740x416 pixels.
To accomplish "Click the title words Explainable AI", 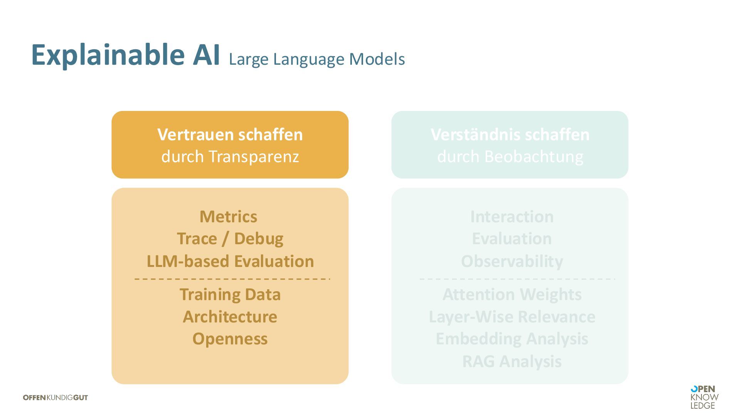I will click(125, 55).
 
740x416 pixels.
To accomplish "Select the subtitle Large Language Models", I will click(316, 59).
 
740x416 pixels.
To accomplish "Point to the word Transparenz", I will click(254, 156).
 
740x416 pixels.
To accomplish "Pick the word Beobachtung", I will click(534, 156).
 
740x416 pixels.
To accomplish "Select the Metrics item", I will click(228, 216).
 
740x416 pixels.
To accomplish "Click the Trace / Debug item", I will click(230, 239).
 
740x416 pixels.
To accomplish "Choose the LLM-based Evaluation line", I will click(230, 261).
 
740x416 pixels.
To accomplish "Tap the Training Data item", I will click(230, 295).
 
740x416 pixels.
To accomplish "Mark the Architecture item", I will click(230, 317).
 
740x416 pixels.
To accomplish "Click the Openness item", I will click(230, 339).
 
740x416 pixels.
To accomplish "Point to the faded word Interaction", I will click(512, 216).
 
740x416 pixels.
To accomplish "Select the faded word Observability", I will click(512, 261).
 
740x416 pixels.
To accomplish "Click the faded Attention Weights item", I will click(512, 295).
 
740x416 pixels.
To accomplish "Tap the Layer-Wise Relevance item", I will click(512, 317).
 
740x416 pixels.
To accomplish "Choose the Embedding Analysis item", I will click(512, 339).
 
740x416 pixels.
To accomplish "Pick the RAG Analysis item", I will click(512, 361).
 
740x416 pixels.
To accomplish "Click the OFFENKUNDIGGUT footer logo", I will click(55, 398).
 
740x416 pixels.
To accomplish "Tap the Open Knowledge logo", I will click(704, 397).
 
